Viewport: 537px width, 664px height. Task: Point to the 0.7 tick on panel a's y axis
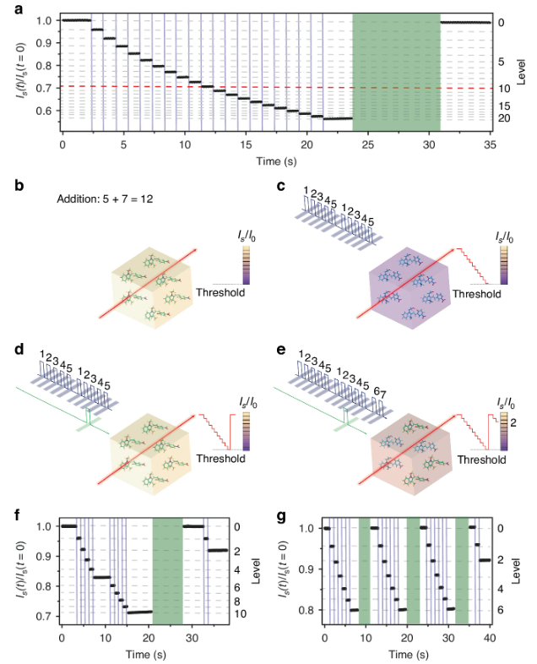46,88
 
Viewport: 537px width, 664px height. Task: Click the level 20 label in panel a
502,118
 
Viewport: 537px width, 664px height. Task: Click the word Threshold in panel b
221,293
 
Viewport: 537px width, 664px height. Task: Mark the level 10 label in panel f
238,613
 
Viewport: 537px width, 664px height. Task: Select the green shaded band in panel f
167,571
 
